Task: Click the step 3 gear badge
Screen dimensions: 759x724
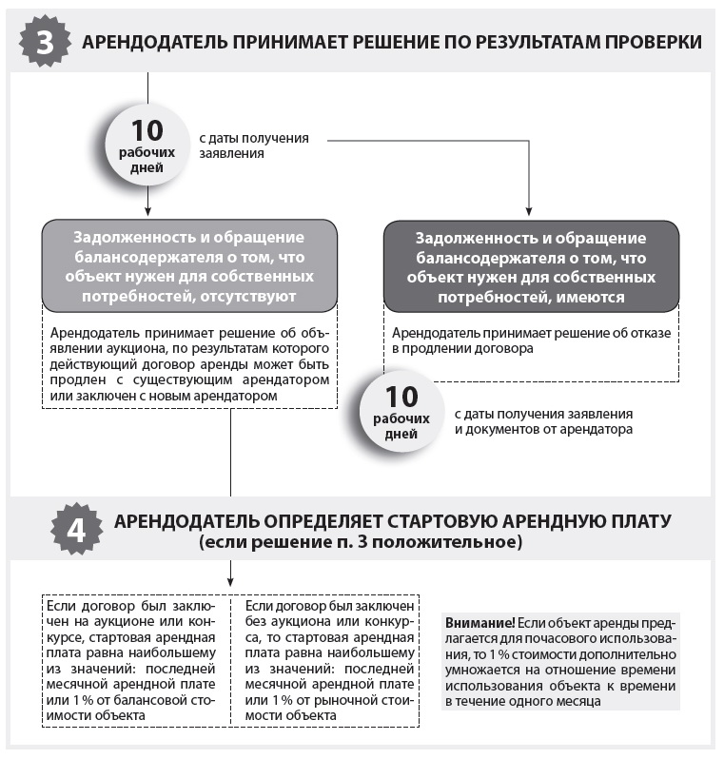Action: click(x=42, y=42)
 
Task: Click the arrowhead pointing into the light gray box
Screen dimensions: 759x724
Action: click(x=147, y=213)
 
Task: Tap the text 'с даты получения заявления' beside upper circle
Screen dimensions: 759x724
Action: click(x=253, y=145)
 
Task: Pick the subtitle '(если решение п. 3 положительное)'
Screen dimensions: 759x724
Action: click(x=361, y=543)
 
